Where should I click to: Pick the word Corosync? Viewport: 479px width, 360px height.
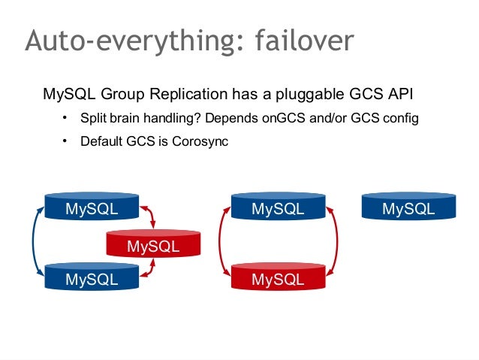[202, 141]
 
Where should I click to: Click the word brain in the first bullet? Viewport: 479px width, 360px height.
[127, 119]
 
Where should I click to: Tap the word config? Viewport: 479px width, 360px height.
[399, 119]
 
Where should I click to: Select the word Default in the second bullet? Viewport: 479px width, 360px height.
[101, 141]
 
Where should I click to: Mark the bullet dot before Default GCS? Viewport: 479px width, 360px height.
[65, 140]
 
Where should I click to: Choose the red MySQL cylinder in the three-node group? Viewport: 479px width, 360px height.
[153, 244]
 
